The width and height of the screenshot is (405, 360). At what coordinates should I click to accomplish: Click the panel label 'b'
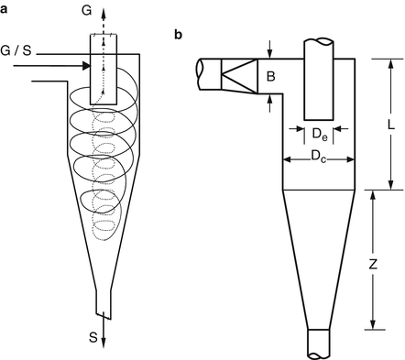click(x=178, y=35)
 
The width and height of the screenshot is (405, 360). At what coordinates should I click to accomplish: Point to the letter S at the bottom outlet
click(x=93, y=336)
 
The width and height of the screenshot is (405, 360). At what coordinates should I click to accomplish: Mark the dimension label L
click(x=389, y=123)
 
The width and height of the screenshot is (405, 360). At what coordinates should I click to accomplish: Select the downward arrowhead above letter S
click(x=103, y=341)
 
